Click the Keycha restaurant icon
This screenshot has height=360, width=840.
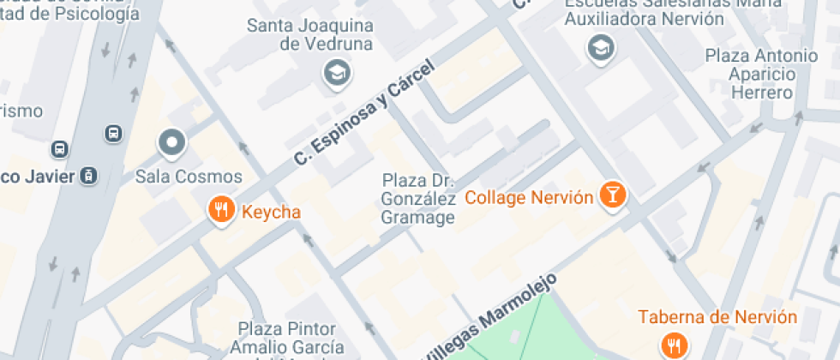click(x=221, y=209)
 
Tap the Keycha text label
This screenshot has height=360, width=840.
click(x=271, y=211)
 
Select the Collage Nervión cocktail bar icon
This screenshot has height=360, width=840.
click(x=612, y=195)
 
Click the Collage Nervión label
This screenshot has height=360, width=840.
click(x=529, y=198)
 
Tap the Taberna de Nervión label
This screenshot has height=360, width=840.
click(x=717, y=317)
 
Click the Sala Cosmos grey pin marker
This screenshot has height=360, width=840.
click(x=172, y=143)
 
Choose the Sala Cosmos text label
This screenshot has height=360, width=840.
click(x=177, y=177)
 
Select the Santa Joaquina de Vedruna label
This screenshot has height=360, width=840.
click(x=309, y=34)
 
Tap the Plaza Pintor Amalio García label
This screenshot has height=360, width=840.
click(x=287, y=339)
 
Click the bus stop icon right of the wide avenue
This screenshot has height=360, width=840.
click(x=113, y=134)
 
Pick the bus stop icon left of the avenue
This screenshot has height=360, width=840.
click(x=60, y=149)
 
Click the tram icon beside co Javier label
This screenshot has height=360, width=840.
click(x=88, y=176)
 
